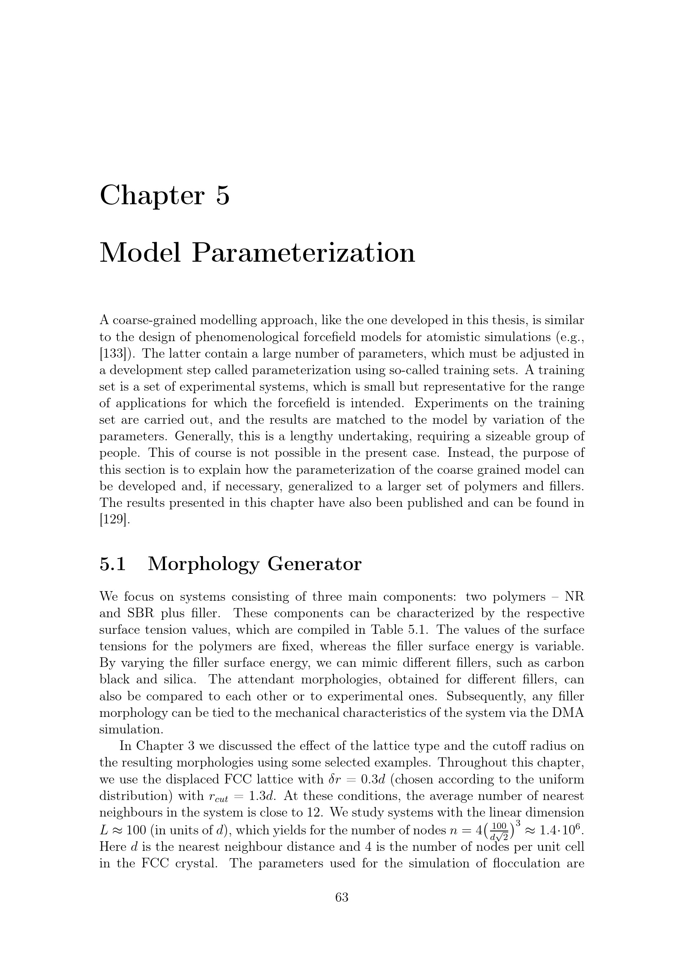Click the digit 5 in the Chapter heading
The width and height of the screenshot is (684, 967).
click(x=223, y=196)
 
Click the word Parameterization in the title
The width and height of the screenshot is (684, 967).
click(x=303, y=253)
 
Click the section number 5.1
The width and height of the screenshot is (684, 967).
click(x=113, y=564)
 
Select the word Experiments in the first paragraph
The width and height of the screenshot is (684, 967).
click(x=451, y=404)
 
